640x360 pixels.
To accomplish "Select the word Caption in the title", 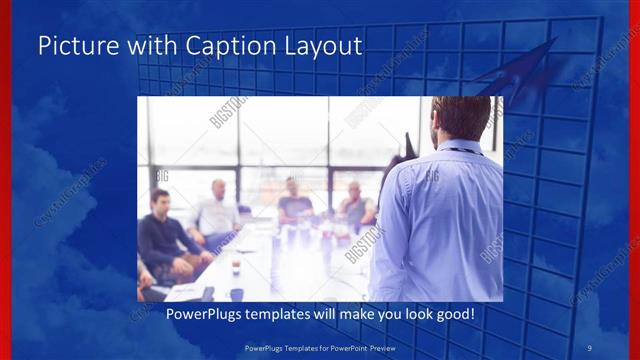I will click(203, 46).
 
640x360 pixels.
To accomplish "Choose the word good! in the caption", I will click(451, 314).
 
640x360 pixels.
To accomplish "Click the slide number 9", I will click(590, 348).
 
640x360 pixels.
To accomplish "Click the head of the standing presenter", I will click(461, 118).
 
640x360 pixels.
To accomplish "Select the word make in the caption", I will click(343, 314).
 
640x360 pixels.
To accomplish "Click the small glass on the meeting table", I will click(236, 269).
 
